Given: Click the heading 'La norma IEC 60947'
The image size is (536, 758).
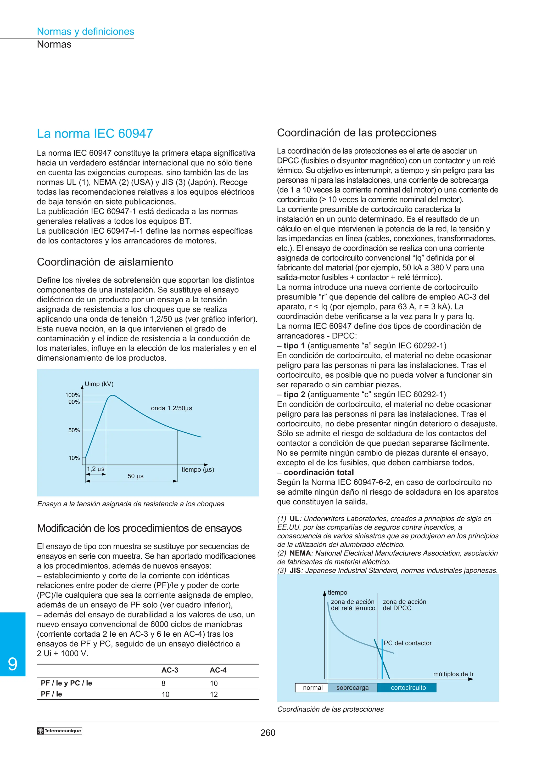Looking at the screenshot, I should pos(95,133).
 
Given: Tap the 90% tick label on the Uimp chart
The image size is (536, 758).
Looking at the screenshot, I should pos(74,402).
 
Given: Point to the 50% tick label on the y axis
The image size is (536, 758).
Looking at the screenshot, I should pos(74,430).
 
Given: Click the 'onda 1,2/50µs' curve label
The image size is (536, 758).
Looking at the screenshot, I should pos(171,408).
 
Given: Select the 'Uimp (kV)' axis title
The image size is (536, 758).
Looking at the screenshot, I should pos(99,384).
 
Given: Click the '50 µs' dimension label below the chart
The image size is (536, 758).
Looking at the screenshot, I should pos(135,476).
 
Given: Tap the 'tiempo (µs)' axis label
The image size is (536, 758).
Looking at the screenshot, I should pos(198,469).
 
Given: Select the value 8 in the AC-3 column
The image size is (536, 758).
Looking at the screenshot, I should pos(164,683).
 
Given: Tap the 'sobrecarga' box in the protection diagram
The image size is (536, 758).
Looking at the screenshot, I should pos(352,688).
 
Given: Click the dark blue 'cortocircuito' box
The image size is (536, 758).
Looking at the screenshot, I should pos(408,688).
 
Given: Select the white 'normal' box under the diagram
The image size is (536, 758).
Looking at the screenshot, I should pos(312,688).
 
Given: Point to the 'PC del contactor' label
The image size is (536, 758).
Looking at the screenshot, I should pos(407,643).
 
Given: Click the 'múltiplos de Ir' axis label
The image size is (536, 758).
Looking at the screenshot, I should pos(454,674).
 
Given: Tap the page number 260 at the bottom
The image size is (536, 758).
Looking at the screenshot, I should pos(268,733).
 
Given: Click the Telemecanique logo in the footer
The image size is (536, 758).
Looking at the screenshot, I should pos(59,731).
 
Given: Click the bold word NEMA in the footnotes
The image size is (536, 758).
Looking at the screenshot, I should pos(300,553).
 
